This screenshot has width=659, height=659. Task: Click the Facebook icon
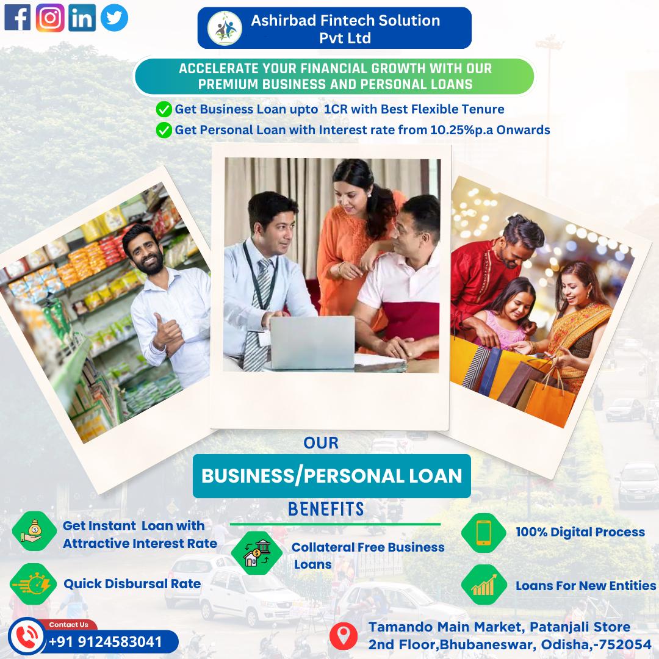[17, 18]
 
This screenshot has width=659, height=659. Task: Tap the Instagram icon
[50, 18]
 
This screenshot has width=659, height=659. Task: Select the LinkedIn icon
[82, 18]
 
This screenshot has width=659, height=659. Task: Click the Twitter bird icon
[114, 18]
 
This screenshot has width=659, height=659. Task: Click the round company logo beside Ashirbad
[225, 28]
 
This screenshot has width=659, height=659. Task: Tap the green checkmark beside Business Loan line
[164, 109]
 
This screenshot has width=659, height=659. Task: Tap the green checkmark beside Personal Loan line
[164, 131]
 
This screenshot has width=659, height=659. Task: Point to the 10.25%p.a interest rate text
[462, 130]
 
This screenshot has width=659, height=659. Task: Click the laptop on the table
[312, 343]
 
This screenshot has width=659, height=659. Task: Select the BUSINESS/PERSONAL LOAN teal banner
[331, 476]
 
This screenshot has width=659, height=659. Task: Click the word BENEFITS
[326, 509]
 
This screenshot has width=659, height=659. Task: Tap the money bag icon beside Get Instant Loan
[34, 531]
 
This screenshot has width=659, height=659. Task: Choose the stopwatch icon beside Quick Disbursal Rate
[33, 584]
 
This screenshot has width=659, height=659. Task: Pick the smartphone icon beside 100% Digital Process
[484, 533]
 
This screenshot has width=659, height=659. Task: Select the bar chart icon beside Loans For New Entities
[484, 585]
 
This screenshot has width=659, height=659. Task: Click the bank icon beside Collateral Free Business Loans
[257, 553]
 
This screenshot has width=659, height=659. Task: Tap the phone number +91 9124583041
[106, 642]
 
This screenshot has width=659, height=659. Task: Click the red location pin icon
[344, 636]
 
